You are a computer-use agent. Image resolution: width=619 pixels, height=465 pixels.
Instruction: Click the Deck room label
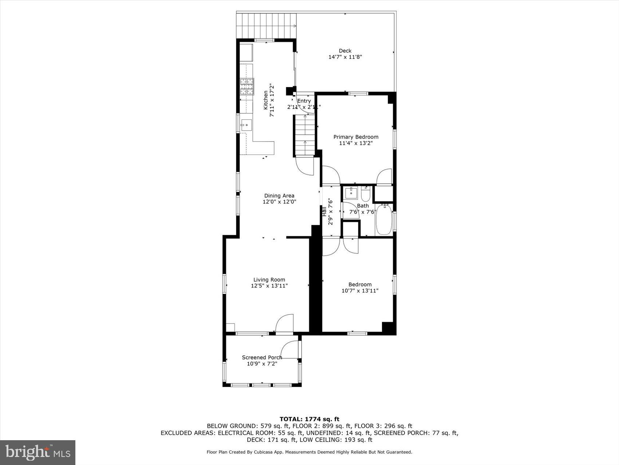[345, 51]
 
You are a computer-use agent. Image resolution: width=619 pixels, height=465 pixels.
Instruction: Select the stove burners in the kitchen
[247, 87]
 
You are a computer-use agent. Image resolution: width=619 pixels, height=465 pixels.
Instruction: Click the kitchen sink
[247, 125]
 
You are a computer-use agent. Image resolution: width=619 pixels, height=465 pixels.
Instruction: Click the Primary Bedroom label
[356, 137]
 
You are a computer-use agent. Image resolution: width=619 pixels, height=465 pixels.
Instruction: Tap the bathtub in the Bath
[384, 220]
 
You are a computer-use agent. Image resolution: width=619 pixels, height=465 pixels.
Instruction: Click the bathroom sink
[351, 193]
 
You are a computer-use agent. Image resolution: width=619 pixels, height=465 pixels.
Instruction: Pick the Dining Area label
[279, 195]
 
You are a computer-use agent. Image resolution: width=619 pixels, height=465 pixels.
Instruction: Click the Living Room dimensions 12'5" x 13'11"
[269, 286]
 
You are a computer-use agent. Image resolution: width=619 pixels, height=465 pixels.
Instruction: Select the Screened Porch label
[262, 357]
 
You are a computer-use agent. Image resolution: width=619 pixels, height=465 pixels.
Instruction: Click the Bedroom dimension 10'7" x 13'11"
[360, 291]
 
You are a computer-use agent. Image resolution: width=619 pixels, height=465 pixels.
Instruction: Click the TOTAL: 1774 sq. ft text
[309, 419]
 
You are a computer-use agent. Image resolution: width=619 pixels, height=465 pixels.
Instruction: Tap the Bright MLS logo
[38, 452]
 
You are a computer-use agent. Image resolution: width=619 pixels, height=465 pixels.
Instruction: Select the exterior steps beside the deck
[266, 26]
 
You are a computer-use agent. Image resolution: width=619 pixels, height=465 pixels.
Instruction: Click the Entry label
[304, 101]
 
